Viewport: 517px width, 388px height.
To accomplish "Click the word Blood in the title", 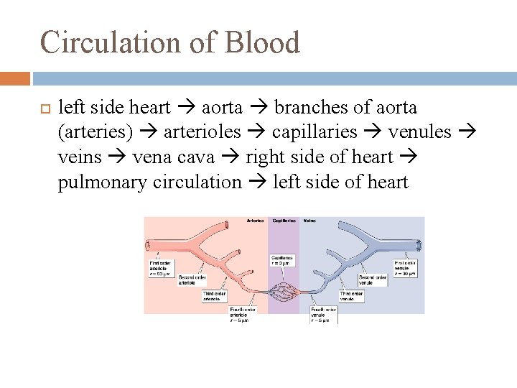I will pyautogui.click(x=263, y=42).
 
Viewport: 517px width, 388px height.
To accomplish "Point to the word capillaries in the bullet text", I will pyautogui.click(x=315, y=132).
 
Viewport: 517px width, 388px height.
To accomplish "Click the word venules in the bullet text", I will pyautogui.click(x=419, y=132).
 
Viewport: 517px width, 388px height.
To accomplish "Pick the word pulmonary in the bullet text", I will pyautogui.click(x=103, y=182).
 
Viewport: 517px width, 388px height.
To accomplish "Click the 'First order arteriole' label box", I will pyautogui.click(x=160, y=267).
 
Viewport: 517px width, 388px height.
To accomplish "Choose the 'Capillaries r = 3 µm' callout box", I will pyautogui.click(x=281, y=259).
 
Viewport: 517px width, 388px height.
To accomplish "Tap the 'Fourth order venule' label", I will pyautogui.click(x=322, y=314).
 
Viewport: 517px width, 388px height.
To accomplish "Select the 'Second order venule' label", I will pyautogui.click(x=373, y=279).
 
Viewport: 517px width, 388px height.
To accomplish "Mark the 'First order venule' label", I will pyautogui.click(x=405, y=267).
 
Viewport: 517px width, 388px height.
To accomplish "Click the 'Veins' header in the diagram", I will pyautogui.click(x=310, y=220).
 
